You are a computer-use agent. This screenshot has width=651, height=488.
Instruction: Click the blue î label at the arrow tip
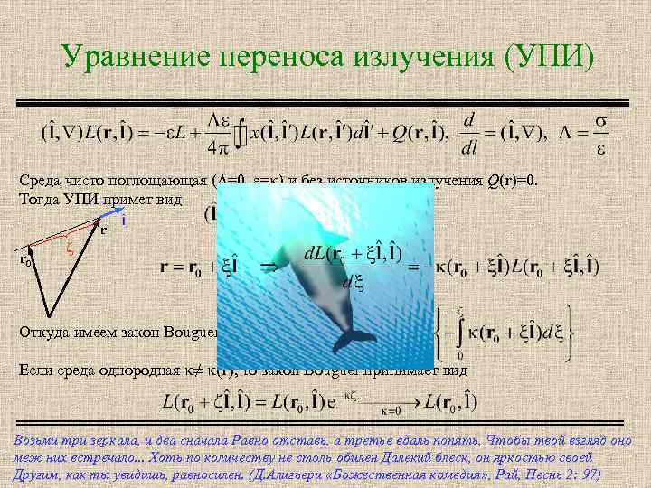click(122, 220)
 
